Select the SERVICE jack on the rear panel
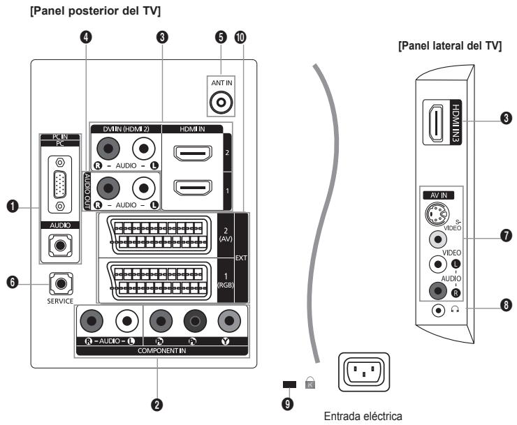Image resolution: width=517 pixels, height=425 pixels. point(61,283)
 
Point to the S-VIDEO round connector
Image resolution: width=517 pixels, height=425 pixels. point(438,213)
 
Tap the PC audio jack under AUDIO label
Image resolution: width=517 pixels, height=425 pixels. point(59,245)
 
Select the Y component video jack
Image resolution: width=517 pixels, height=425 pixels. point(228,322)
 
